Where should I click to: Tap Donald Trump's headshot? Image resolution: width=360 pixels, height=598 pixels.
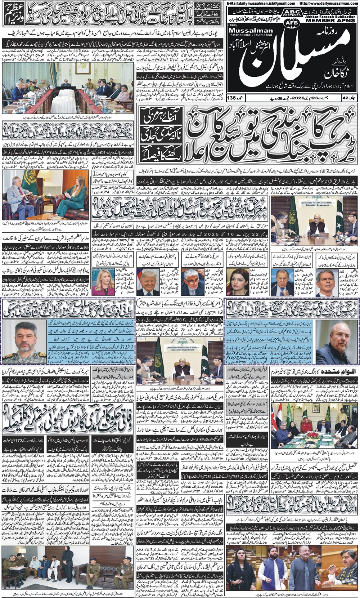(x=148, y=284)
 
